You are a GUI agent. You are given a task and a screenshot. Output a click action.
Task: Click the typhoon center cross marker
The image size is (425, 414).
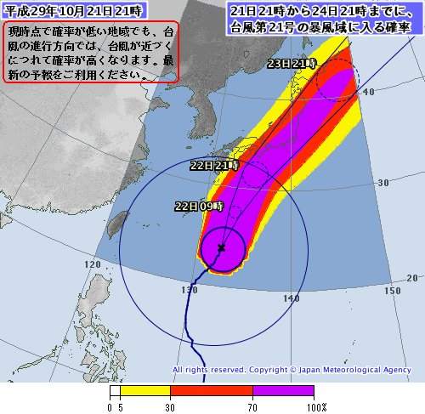(222, 247)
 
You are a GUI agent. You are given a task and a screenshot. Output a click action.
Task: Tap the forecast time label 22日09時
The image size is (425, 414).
(199, 207)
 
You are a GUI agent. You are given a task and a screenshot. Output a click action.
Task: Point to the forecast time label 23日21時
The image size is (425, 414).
(291, 65)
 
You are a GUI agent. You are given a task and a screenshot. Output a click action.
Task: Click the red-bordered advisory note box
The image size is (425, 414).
(92, 52)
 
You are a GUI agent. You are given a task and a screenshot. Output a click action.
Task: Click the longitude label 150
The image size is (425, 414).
(392, 291)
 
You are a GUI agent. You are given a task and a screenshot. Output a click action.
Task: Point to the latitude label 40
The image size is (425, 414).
(368, 91)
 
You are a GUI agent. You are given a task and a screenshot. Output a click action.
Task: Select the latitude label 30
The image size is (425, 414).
(383, 183)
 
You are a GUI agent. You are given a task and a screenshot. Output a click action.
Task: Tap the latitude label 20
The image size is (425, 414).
(412, 278)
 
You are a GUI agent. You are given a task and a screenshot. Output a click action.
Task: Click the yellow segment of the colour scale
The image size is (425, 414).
(145, 392)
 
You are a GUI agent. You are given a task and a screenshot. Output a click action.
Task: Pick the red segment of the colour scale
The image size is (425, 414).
(212, 392)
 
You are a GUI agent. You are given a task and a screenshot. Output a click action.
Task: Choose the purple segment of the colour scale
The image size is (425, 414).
(284, 392)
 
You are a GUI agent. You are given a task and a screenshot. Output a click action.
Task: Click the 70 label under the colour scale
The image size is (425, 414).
(253, 407)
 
